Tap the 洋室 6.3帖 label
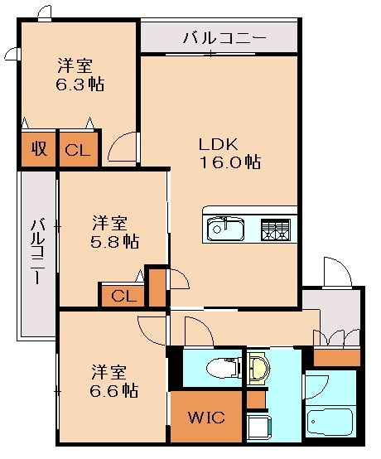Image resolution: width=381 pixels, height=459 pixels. pos(80,74)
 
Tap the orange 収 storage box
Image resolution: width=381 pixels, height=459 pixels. pos(38,150)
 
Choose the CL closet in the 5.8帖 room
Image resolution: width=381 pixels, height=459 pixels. pos(123,295)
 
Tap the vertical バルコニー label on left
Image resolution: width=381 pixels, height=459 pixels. pos(37,252)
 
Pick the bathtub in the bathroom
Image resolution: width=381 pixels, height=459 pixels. pos(330,424)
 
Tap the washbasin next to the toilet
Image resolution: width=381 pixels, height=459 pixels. pos(258,366)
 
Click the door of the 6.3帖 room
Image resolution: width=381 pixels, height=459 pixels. pos(123,147)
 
